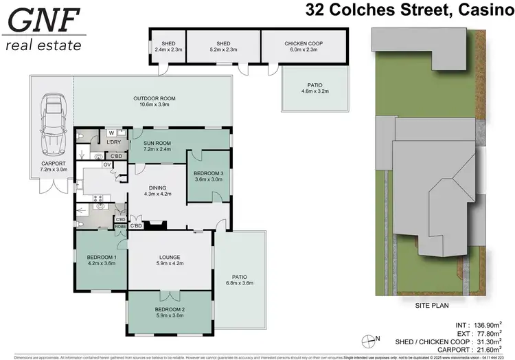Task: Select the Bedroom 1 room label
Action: click(101, 259)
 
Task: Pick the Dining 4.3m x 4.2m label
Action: click(157, 190)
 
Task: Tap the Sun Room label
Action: click(157, 145)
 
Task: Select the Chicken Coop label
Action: click(303, 47)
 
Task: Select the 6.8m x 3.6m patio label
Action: click(240, 280)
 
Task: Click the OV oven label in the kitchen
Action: click(106, 165)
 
